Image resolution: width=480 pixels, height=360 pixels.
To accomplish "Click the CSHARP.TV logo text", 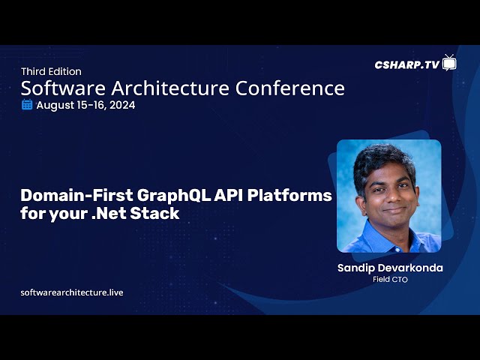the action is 407,64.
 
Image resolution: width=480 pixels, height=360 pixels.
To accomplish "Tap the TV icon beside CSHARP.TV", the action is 449,63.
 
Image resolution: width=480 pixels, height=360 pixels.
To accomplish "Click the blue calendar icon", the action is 27,105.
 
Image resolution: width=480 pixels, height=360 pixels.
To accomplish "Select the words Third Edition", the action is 52,72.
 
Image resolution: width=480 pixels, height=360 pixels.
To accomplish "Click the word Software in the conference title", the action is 63,88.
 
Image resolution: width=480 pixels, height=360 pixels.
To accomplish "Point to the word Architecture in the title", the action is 170,88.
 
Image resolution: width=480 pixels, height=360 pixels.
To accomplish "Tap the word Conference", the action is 290,88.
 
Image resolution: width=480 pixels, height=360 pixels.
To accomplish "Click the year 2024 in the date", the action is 122,105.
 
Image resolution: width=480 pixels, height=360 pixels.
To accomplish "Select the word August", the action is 55,106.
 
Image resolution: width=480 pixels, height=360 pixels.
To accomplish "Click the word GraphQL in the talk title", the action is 173,196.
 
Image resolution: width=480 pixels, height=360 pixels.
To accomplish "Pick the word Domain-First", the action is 76,195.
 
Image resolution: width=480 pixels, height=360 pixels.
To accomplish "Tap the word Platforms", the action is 289,195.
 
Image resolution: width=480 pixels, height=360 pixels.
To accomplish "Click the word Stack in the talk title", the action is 155,213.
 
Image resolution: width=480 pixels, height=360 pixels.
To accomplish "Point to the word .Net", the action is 109,213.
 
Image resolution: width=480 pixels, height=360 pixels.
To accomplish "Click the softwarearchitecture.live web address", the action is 72,292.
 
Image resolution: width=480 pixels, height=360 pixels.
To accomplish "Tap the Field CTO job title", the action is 390,280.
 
